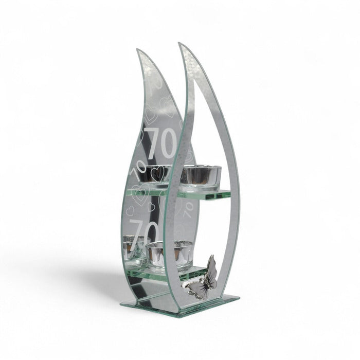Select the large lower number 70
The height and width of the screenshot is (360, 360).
(144, 232)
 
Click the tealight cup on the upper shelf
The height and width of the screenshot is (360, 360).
(200, 178)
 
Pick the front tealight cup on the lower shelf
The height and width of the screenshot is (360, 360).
(169, 256)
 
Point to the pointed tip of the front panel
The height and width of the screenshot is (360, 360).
(178, 43)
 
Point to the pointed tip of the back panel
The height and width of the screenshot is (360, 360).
(137, 49)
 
